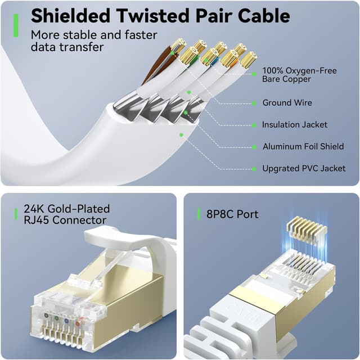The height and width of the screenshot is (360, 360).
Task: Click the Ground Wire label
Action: pyautogui.click(x=287, y=103)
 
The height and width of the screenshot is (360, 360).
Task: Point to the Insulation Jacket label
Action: pyautogui.click(x=294, y=125)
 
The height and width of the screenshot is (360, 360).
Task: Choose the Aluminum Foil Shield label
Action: pyautogui.click(x=303, y=147)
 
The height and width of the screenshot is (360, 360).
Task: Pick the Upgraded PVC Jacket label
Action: pyautogui.click(x=304, y=169)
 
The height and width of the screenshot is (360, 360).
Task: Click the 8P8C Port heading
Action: pyautogui.click(x=232, y=214)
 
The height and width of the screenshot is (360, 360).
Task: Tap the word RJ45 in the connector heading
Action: pyautogui.click(x=39, y=220)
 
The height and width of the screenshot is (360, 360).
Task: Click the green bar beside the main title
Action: pyautogui.click(x=16, y=26)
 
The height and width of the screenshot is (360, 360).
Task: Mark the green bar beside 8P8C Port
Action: pyautogui.click(x=199, y=214)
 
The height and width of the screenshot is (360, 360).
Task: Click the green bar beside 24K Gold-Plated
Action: pyautogui.click(x=16, y=214)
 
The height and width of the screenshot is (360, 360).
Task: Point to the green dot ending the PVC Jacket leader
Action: pyautogui.click(x=181, y=134)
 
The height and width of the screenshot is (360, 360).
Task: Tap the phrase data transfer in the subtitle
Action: pyautogui.click(x=67, y=47)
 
